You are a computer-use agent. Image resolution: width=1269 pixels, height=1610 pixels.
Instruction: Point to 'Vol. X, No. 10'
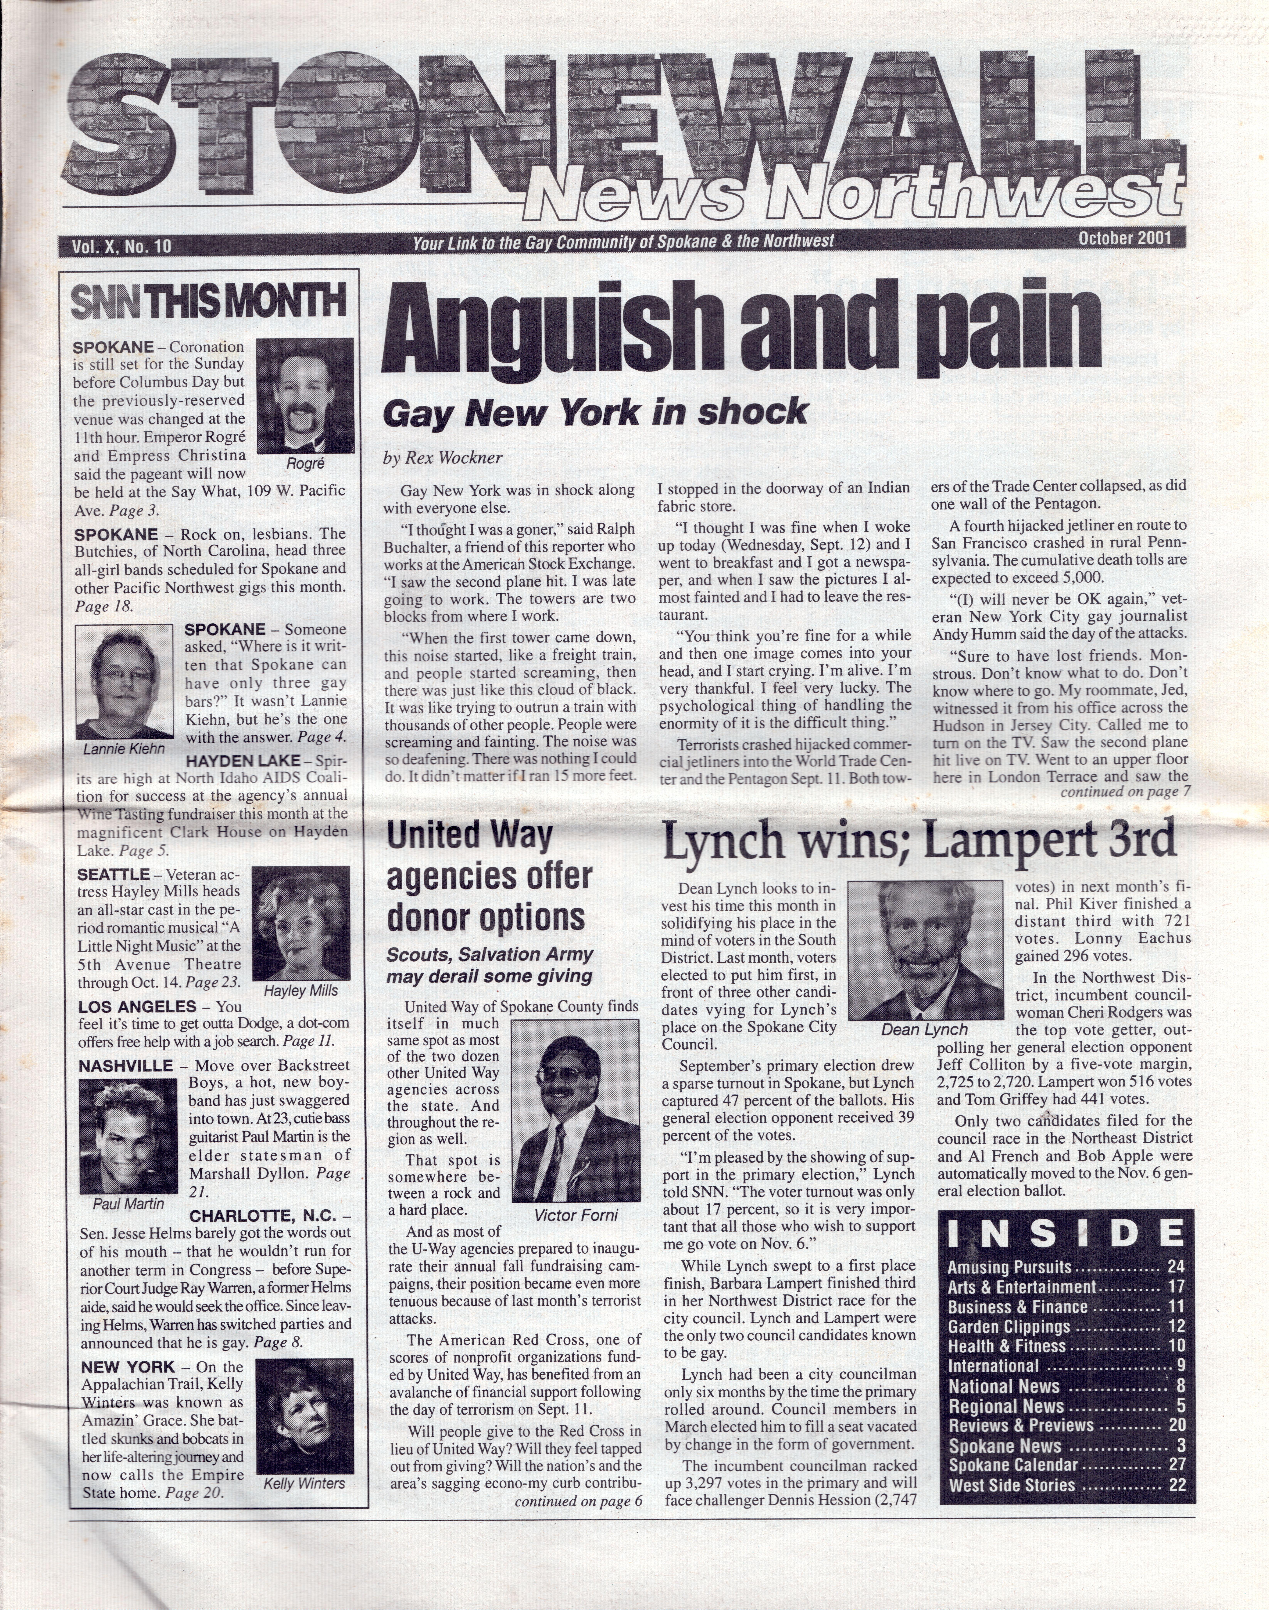[121, 246]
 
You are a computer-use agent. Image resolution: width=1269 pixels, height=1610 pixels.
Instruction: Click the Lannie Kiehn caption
[124, 749]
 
